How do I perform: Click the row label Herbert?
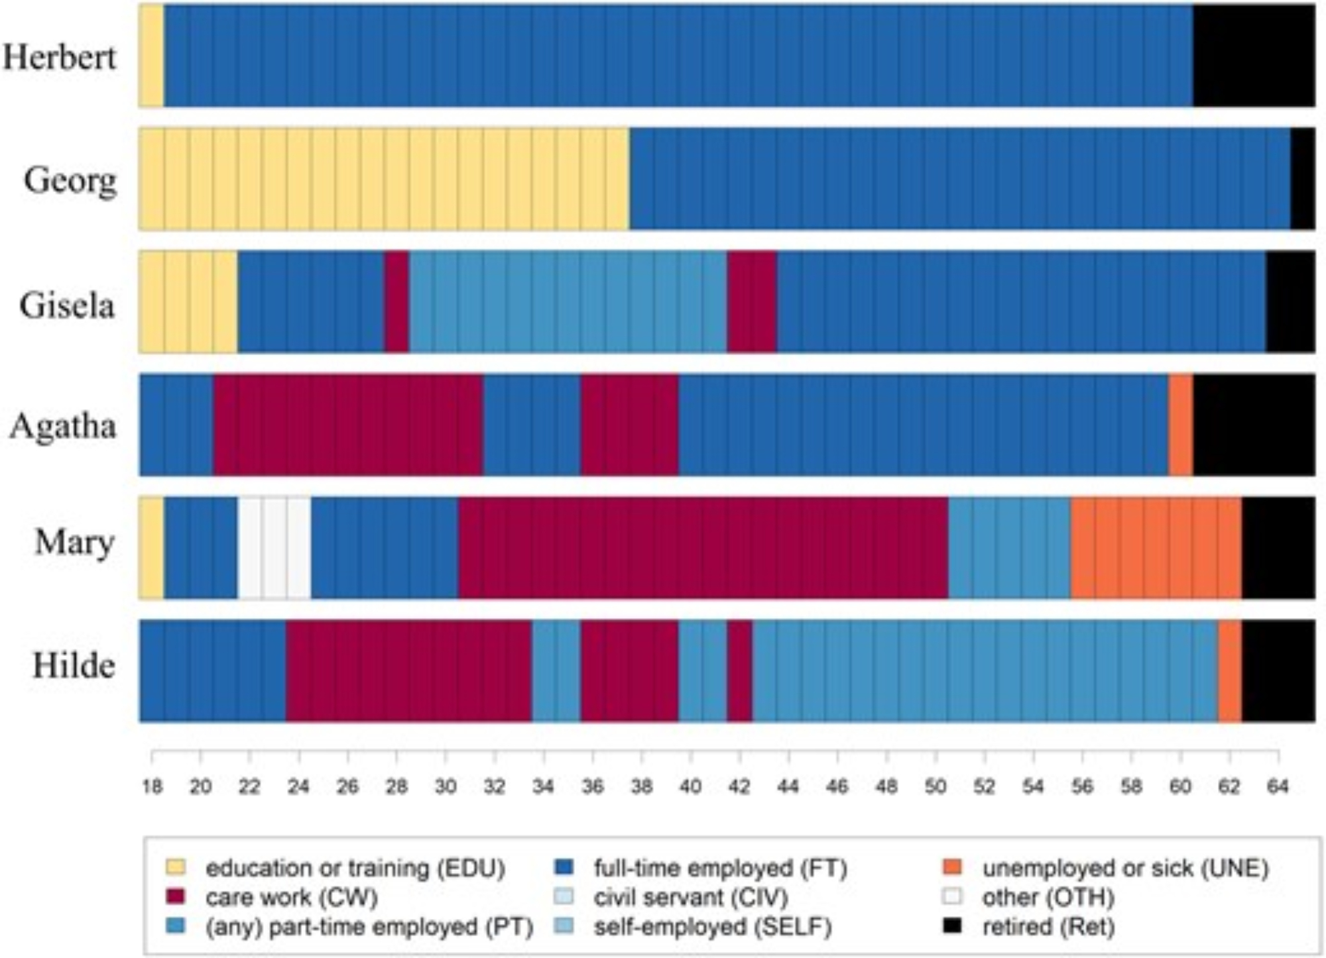click(x=60, y=57)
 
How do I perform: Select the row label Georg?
click(x=70, y=180)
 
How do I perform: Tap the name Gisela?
click(x=67, y=305)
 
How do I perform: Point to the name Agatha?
click(x=63, y=425)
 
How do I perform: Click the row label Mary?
click(x=74, y=543)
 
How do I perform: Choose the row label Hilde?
click(x=74, y=665)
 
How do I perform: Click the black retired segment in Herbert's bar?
click(x=1253, y=55)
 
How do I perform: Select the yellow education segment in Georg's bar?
click(x=384, y=179)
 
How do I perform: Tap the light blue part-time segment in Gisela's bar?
click(x=568, y=302)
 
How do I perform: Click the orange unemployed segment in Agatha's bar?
click(x=1180, y=425)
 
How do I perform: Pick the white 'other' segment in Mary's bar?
click(x=274, y=548)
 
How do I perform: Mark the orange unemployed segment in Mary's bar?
click(x=1156, y=548)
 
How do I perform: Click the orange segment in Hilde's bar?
click(x=1229, y=670)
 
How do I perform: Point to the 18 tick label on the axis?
click(x=152, y=786)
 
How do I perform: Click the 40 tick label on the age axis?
click(x=690, y=786)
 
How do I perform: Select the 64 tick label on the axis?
click(x=1278, y=786)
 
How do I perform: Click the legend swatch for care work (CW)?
click(x=176, y=896)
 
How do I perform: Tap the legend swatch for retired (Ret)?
click(x=953, y=926)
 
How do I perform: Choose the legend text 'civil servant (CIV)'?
click(x=691, y=897)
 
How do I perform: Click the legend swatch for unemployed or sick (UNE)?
click(x=953, y=867)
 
